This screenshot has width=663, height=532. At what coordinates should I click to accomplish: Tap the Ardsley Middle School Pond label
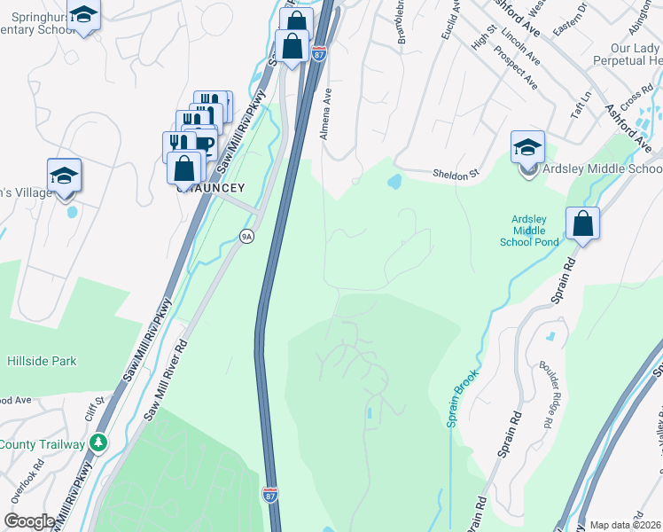(535, 231)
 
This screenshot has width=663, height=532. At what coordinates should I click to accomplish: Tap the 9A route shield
(247, 235)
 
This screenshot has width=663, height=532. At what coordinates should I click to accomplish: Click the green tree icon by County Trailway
(100, 442)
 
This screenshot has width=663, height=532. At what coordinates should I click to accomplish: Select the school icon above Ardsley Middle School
(527, 147)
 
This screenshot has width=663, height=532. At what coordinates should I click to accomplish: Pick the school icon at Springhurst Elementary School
(83, 15)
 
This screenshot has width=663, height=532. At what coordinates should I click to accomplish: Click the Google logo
(29, 521)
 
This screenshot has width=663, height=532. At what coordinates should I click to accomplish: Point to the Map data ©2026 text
(625, 525)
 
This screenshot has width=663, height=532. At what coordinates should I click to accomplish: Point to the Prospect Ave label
(518, 69)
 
